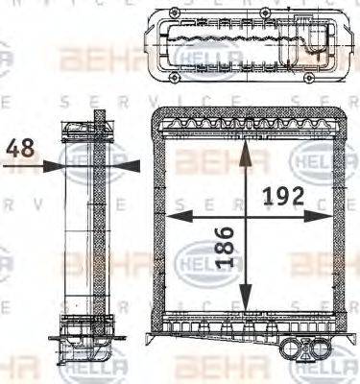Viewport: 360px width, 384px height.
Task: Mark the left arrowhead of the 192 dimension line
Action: click(x=177, y=217)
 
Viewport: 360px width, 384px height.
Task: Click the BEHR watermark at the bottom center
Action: click(x=206, y=368)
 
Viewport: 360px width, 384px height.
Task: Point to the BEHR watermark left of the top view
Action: click(x=89, y=61)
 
